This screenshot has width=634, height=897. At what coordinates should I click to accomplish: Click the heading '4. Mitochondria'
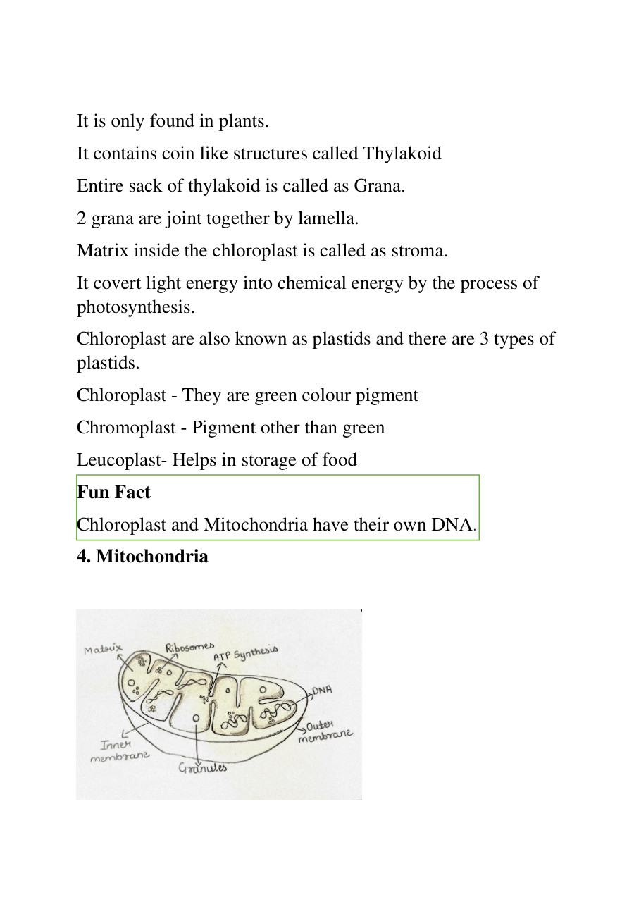click(x=142, y=557)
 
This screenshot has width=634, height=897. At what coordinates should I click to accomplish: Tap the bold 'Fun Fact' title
click(x=113, y=493)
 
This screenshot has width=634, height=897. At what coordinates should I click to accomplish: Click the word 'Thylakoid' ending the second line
click(x=402, y=154)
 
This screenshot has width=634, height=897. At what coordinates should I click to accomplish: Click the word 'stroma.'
click(x=421, y=251)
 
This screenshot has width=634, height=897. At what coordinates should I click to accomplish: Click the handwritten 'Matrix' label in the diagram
click(x=103, y=649)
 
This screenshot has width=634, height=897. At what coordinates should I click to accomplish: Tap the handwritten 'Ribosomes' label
click(x=189, y=648)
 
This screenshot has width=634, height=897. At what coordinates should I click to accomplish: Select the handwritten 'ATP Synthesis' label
click(x=246, y=653)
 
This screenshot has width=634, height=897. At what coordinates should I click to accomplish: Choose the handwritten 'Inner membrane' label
click(x=120, y=751)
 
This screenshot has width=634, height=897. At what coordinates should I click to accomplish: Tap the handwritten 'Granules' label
click(x=203, y=767)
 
